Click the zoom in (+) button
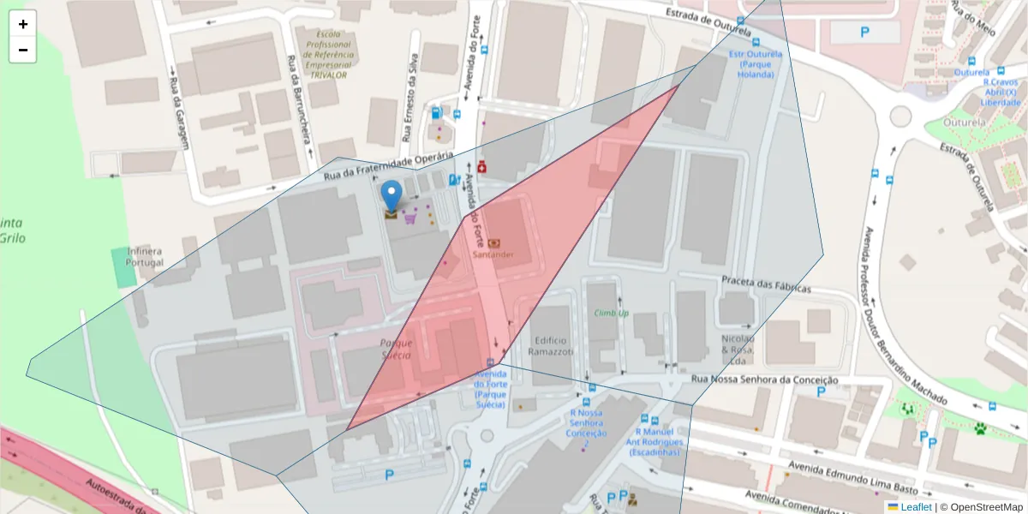(23, 24)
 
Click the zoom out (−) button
(23, 50)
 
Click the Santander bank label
(493, 254)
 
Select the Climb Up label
(612, 314)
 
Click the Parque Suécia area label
(396, 349)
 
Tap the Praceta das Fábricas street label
(765, 284)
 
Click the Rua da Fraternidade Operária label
(387, 166)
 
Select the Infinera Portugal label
(145, 256)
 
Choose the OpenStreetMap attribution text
(981, 507)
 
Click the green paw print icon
(980, 427)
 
